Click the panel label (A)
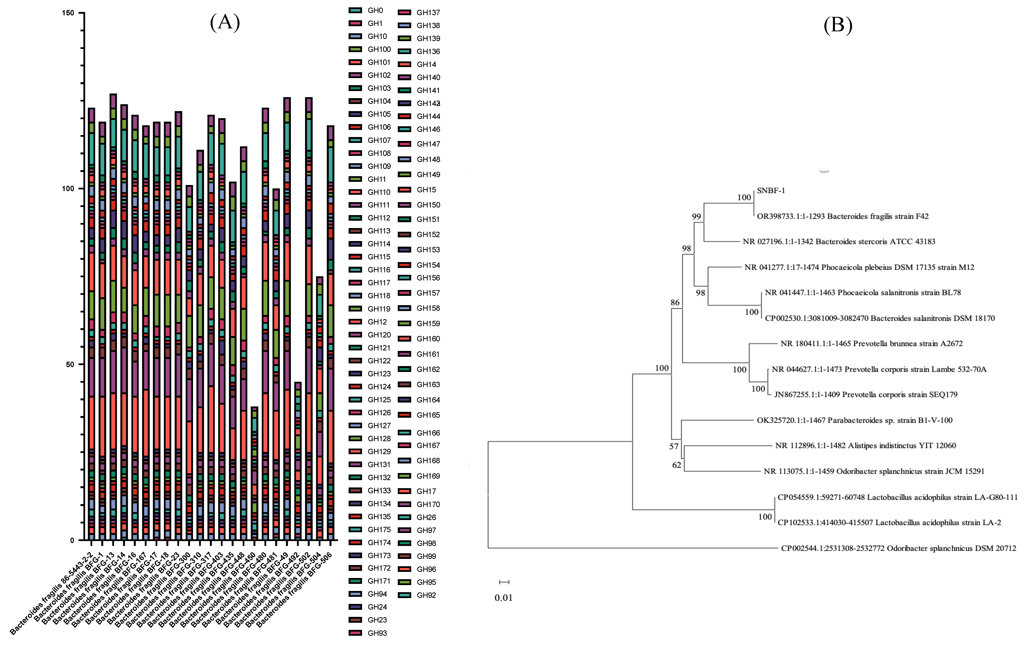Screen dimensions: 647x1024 pyautogui.click(x=225, y=22)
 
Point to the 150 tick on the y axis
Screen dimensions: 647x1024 pyautogui.click(x=68, y=13)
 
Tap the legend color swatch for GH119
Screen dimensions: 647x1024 pyautogui.click(x=355, y=308)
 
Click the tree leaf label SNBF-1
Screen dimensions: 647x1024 pyautogui.click(x=771, y=191)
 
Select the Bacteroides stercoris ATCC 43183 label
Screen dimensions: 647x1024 pyautogui.click(x=839, y=242)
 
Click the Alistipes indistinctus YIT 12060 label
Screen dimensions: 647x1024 pyautogui.click(x=865, y=446)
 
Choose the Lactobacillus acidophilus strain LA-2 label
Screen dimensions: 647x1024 pyautogui.click(x=889, y=522)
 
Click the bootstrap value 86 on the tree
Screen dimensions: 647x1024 pyautogui.click(x=675, y=302)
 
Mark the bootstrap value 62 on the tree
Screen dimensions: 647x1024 pyautogui.click(x=677, y=465)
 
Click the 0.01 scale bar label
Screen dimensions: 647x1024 pyautogui.click(x=503, y=598)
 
